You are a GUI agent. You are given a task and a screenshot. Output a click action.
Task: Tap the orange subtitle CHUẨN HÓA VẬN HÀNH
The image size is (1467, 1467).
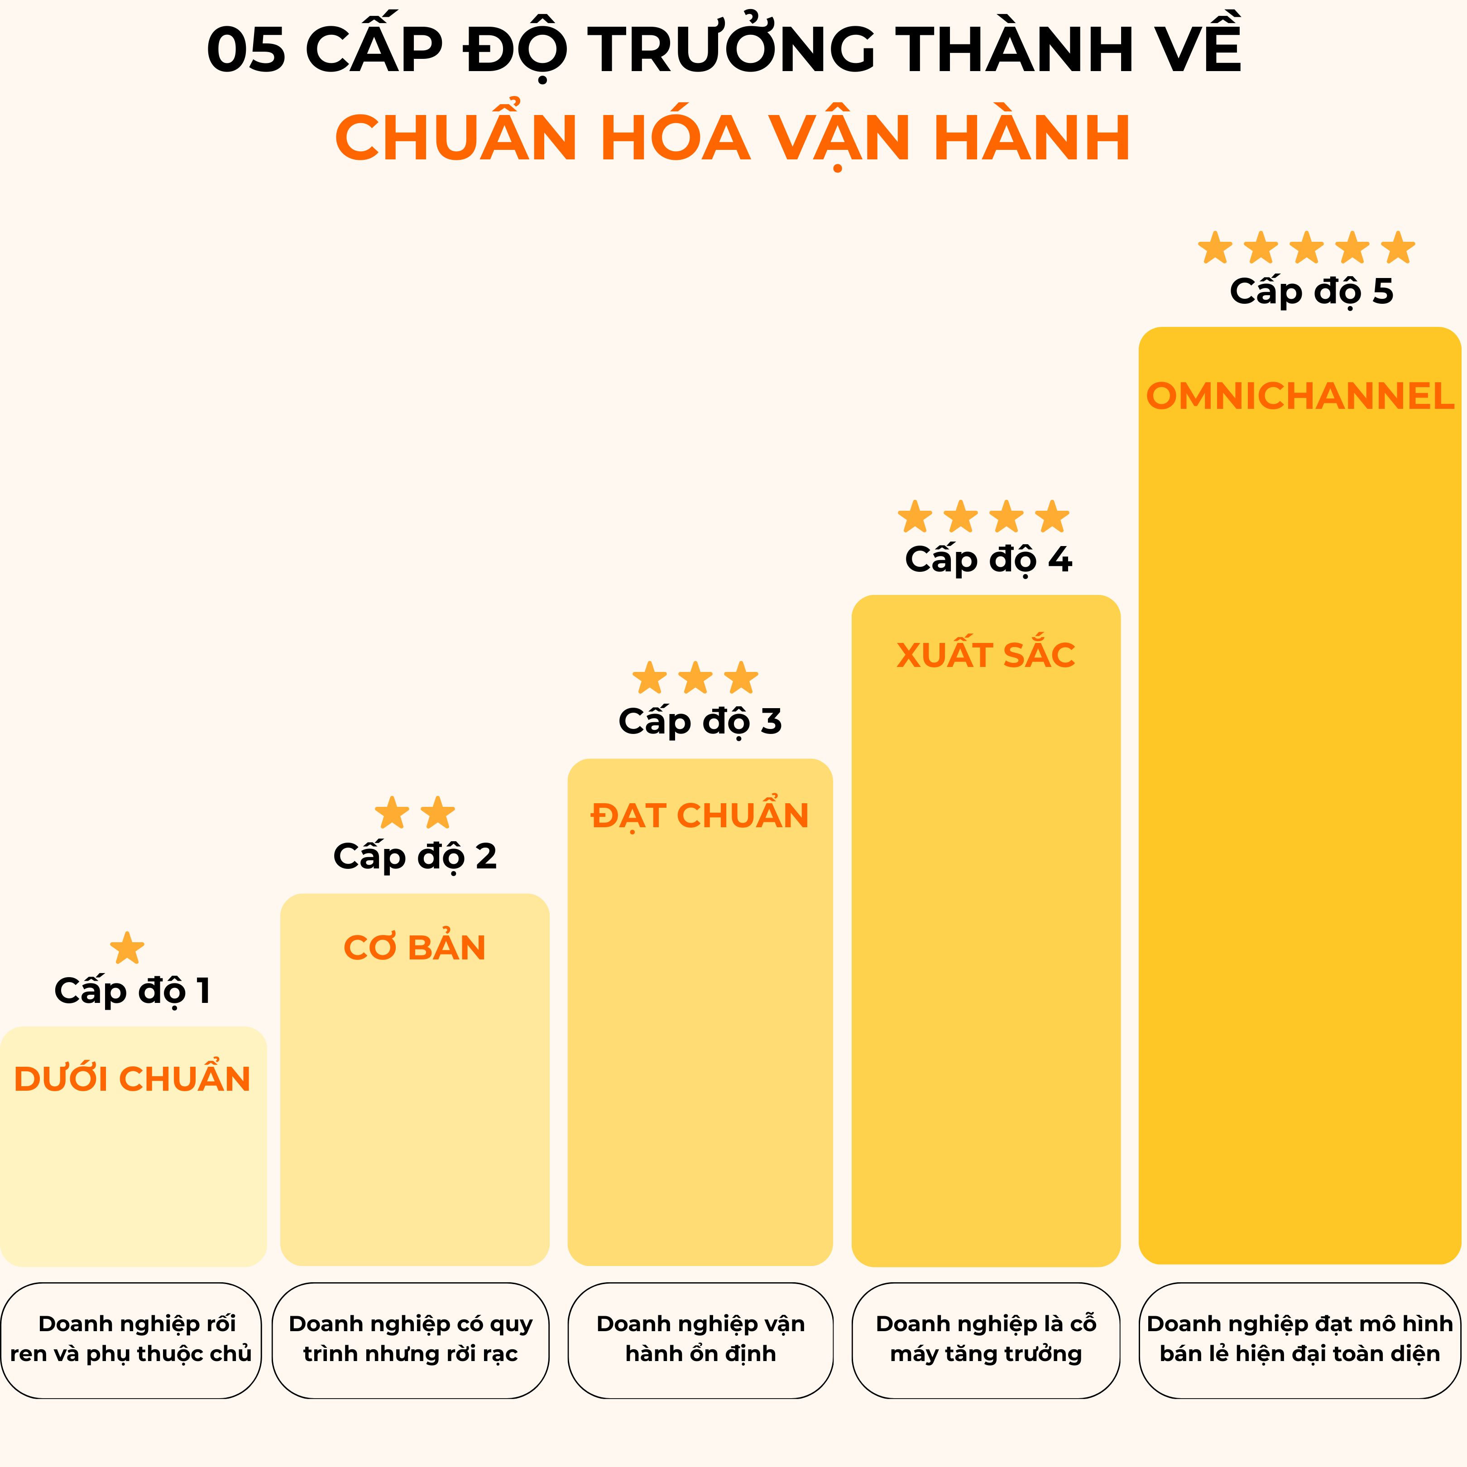coord(733,138)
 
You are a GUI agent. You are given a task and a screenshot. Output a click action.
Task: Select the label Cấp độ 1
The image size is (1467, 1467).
coord(132,991)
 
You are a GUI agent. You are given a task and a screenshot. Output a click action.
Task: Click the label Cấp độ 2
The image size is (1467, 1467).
coord(415,857)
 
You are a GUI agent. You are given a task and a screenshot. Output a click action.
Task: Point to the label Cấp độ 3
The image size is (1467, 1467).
coord(700,721)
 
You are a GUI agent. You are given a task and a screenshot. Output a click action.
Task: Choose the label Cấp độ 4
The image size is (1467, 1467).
coord(988,560)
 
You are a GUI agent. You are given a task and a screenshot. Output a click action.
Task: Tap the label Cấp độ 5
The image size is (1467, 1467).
coord(1311,292)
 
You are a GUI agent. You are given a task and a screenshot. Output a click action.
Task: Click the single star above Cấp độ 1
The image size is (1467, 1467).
coord(127,949)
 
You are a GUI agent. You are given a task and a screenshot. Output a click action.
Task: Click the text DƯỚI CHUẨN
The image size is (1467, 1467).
coord(132,1079)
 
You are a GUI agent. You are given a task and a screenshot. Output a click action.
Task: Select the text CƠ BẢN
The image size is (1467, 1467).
coord(415,948)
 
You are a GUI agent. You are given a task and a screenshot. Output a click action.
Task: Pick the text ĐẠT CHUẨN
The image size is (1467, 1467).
coord(700,815)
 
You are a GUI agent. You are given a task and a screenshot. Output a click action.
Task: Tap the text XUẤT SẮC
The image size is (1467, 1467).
coord(986,655)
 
